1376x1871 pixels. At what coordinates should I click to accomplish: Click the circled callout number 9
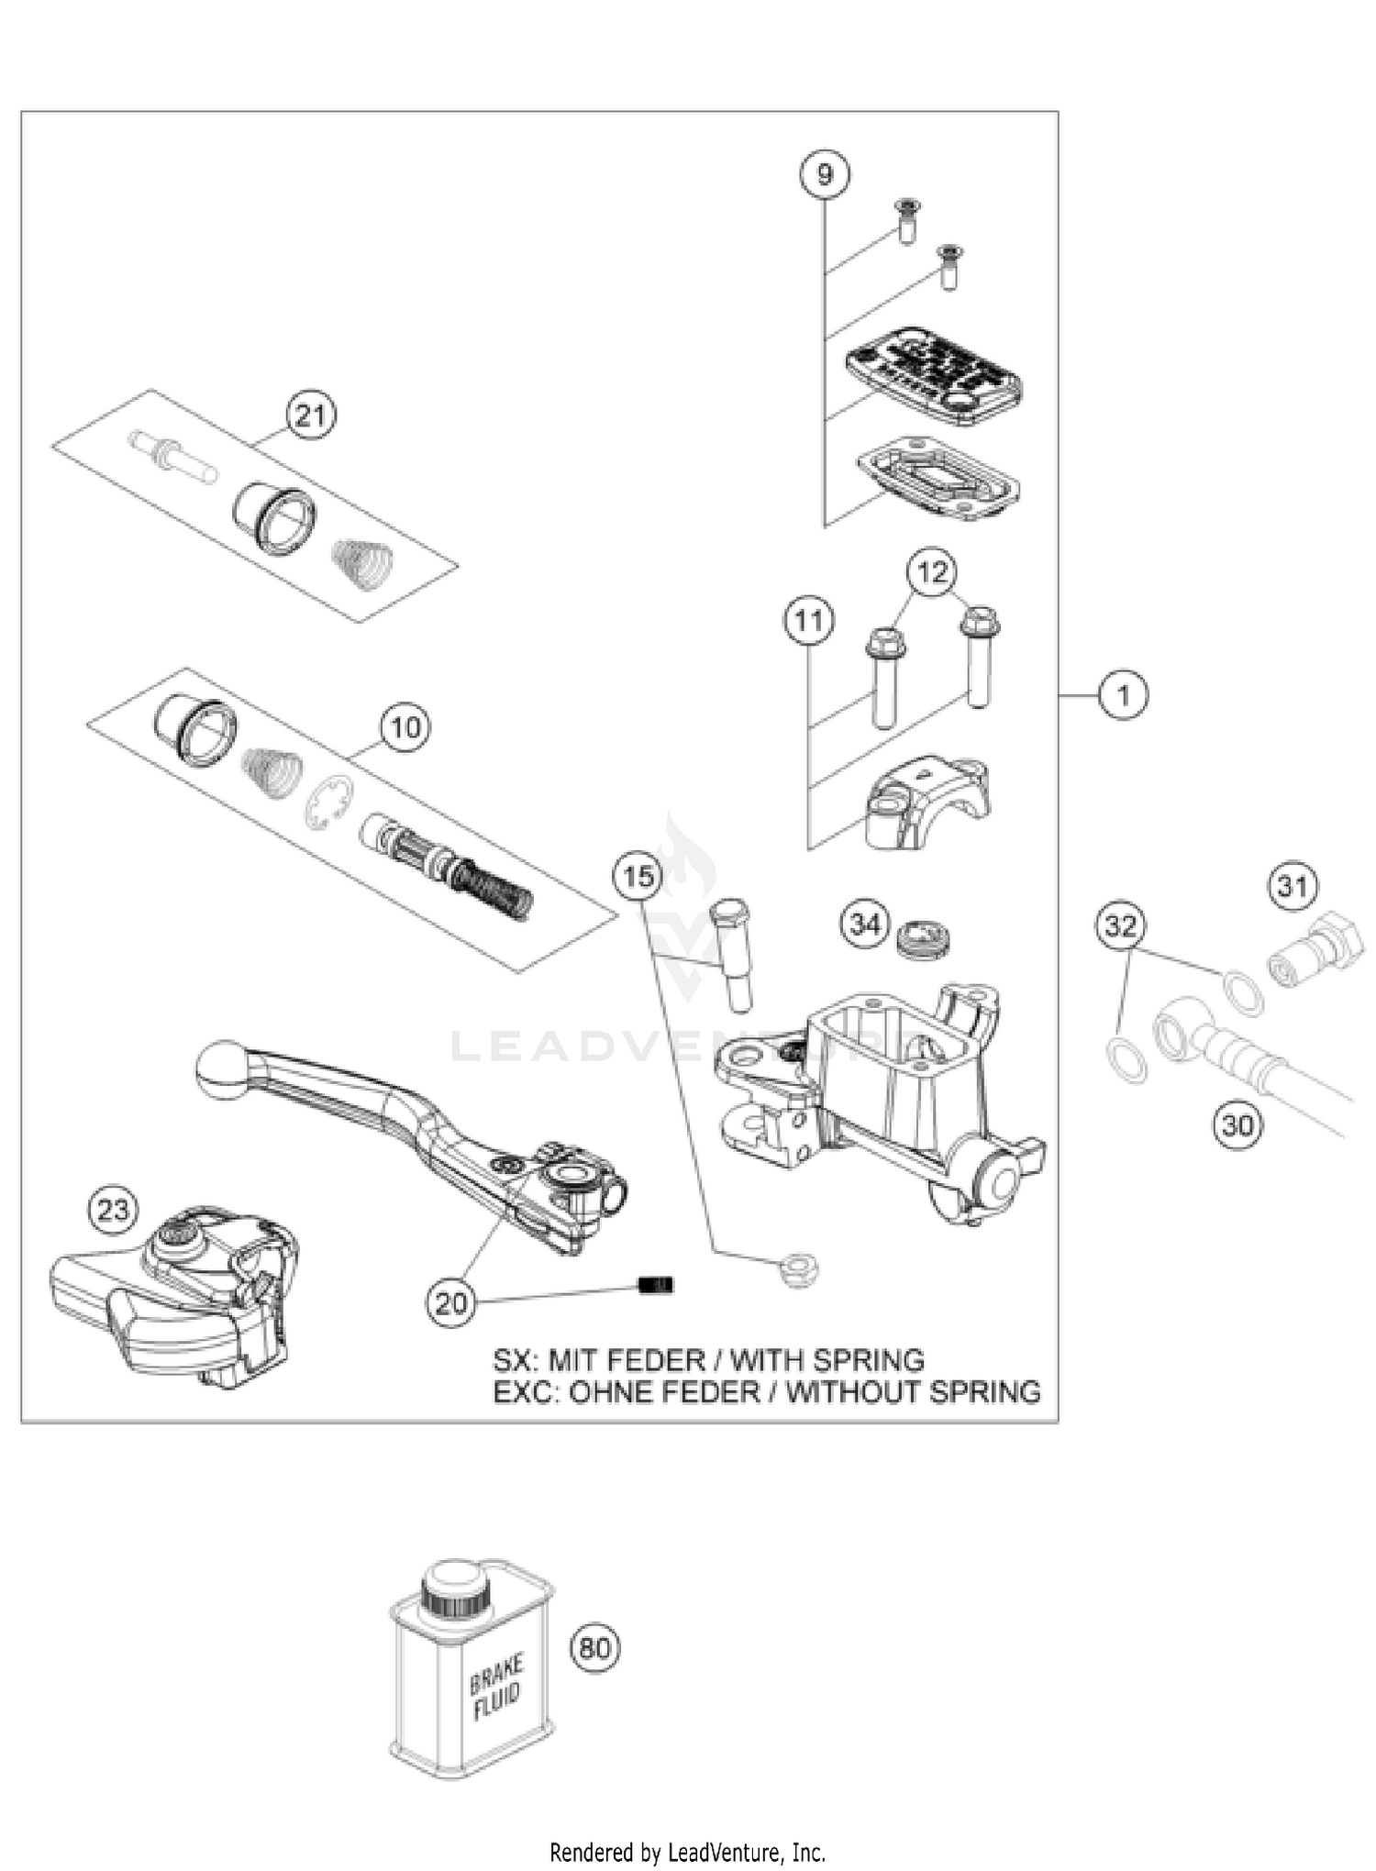click(824, 173)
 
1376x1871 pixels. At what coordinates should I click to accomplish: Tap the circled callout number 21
click(311, 416)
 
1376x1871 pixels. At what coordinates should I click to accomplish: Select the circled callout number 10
click(405, 727)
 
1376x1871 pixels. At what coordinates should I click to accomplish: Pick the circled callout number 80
click(595, 1648)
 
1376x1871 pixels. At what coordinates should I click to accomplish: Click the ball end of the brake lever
click(222, 1068)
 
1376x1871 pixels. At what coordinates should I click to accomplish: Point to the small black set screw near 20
click(655, 1285)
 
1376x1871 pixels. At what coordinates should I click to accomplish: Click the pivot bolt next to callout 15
click(731, 954)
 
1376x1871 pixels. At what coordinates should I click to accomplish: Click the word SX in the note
click(513, 1359)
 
